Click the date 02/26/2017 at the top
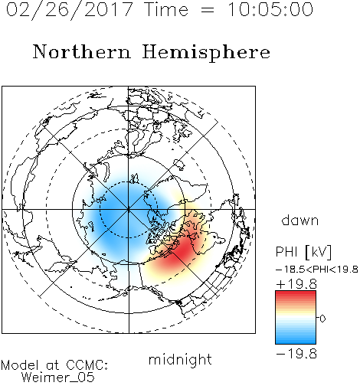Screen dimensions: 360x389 pyautogui.click(x=70, y=10)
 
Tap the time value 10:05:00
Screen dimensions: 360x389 pyautogui.click(x=270, y=10)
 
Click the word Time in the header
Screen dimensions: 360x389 pyautogui.click(x=166, y=10)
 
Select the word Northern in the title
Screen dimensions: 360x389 pyautogui.click(x=82, y=51)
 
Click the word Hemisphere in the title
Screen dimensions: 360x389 pyautogui.click(x=206, y=53)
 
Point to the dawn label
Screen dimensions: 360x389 pyautogui.click(x=300, y=220)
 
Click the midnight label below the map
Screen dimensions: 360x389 pyautogui.click(x=180, y=359)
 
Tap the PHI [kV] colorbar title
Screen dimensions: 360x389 pyautogui.click(x=303, y=252)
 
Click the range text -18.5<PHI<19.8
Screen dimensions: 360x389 pyautogui.click(x=317, y=270)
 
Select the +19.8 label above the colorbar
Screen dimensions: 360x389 pyautogui.click(x=296, y=284)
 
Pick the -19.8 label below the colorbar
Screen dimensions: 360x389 pyautogui.click(x=296, y=354)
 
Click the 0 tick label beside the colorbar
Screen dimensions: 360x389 pyautogui.click(x=322, y=319)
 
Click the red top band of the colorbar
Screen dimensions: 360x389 pyautogui.click(x=296, y=295)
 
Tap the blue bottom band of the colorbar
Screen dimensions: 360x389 pyautogui.click(x=296, y=339)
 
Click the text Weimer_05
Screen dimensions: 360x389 pyautogui.click(x=58, y=378)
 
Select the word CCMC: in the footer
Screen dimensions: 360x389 pyautogui.click(x=87, y=365)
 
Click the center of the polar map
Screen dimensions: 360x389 pyautogui.click(x=129, y=209)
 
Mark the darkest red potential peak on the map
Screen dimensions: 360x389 pyautogui.click(x=181, y=250)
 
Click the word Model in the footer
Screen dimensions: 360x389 pyautogui.click(x=20, y=365)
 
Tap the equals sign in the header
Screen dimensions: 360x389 pyautogui.click(x=208, y=10)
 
